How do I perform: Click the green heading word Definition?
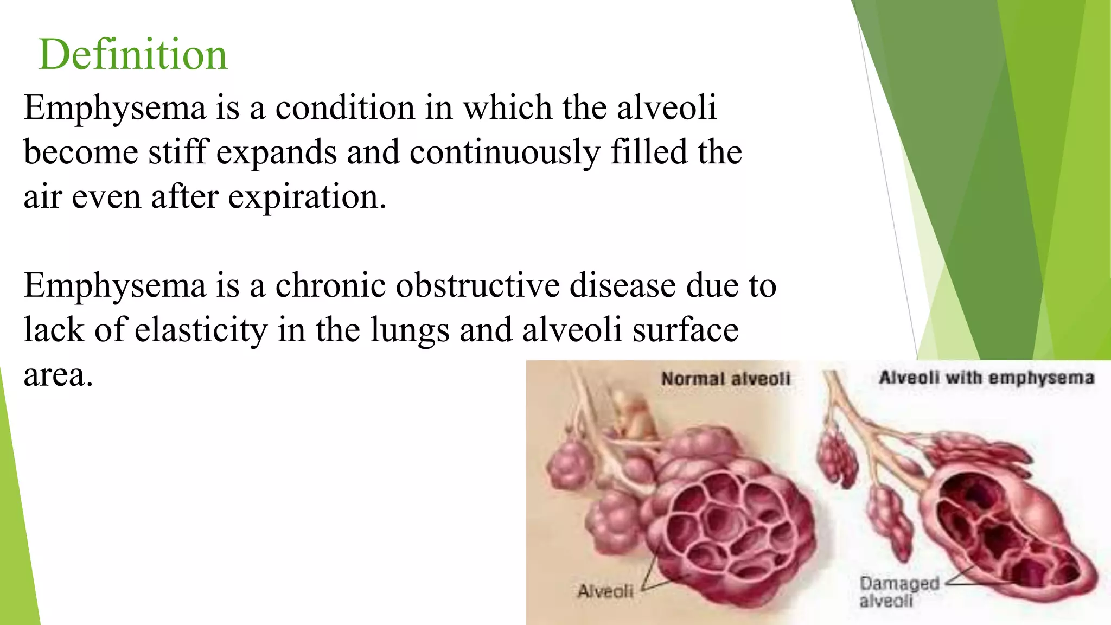click(x=133, y=55)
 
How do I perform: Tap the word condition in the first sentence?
click(x=345, y=107)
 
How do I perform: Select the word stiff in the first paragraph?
click(x=178, y=152)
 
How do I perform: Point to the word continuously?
click(x=505, y=152)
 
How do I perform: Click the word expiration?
click(x=307, y=196)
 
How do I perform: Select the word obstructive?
click(x=478, y=285)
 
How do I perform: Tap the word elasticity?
click(x=201, y=330)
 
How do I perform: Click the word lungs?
click(x=410, y=330)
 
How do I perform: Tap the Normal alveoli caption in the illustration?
click(x=725, y=379)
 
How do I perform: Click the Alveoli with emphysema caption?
click(x=986, y=378)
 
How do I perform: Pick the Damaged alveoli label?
click(x=899, y=591)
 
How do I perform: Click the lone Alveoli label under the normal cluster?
click(x=605, y=591)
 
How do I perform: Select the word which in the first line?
click(x=507, y=107)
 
